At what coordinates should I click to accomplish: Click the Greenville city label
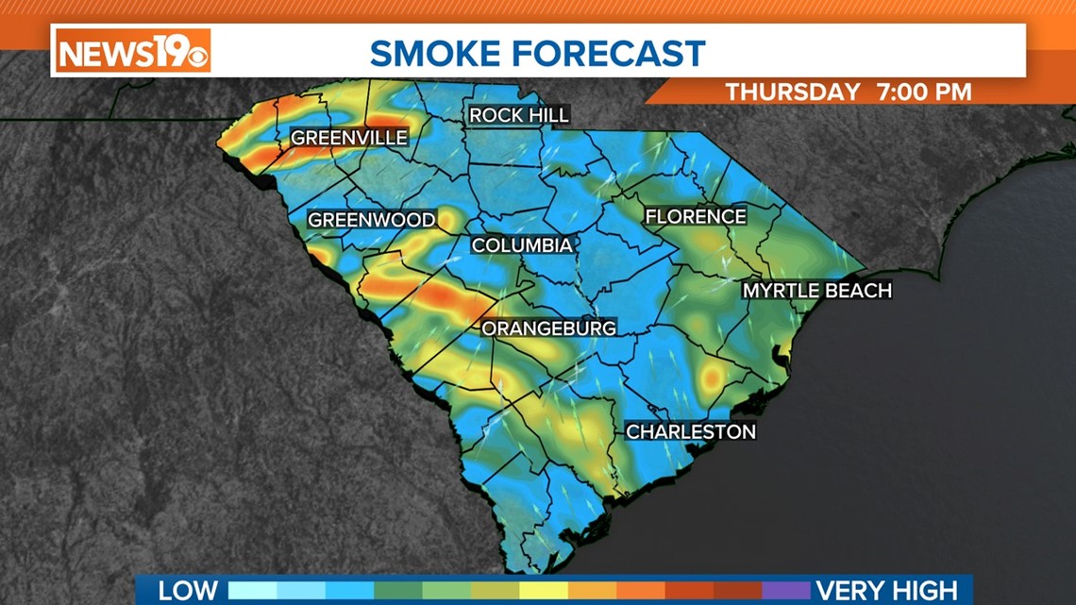coord(349,138)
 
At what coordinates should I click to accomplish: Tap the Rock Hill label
coord(519,115)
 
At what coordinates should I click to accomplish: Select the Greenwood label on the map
coord(372,220)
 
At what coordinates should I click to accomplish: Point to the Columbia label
coord(522,245)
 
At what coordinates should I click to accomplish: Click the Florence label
coord(696,217)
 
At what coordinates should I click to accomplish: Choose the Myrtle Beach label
coord(816,291)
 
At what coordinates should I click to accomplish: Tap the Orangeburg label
coord(549,328)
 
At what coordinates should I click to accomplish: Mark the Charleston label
coord(691,431)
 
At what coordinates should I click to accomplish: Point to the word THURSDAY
coord(793,92)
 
